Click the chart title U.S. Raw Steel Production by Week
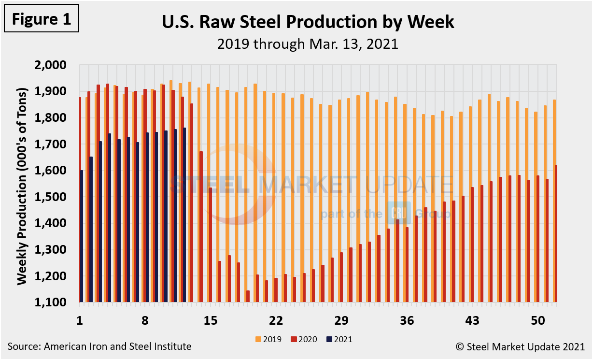(x=308, y=22)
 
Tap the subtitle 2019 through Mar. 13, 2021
(x=308, y=44)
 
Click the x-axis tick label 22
(x=276, y=321)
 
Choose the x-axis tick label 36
(x=407, y=321)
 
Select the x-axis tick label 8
(x=145, y=321)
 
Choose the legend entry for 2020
(x=304, y=339)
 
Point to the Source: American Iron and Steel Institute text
(x=99, y=346)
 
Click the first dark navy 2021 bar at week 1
(x=82, y=236)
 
